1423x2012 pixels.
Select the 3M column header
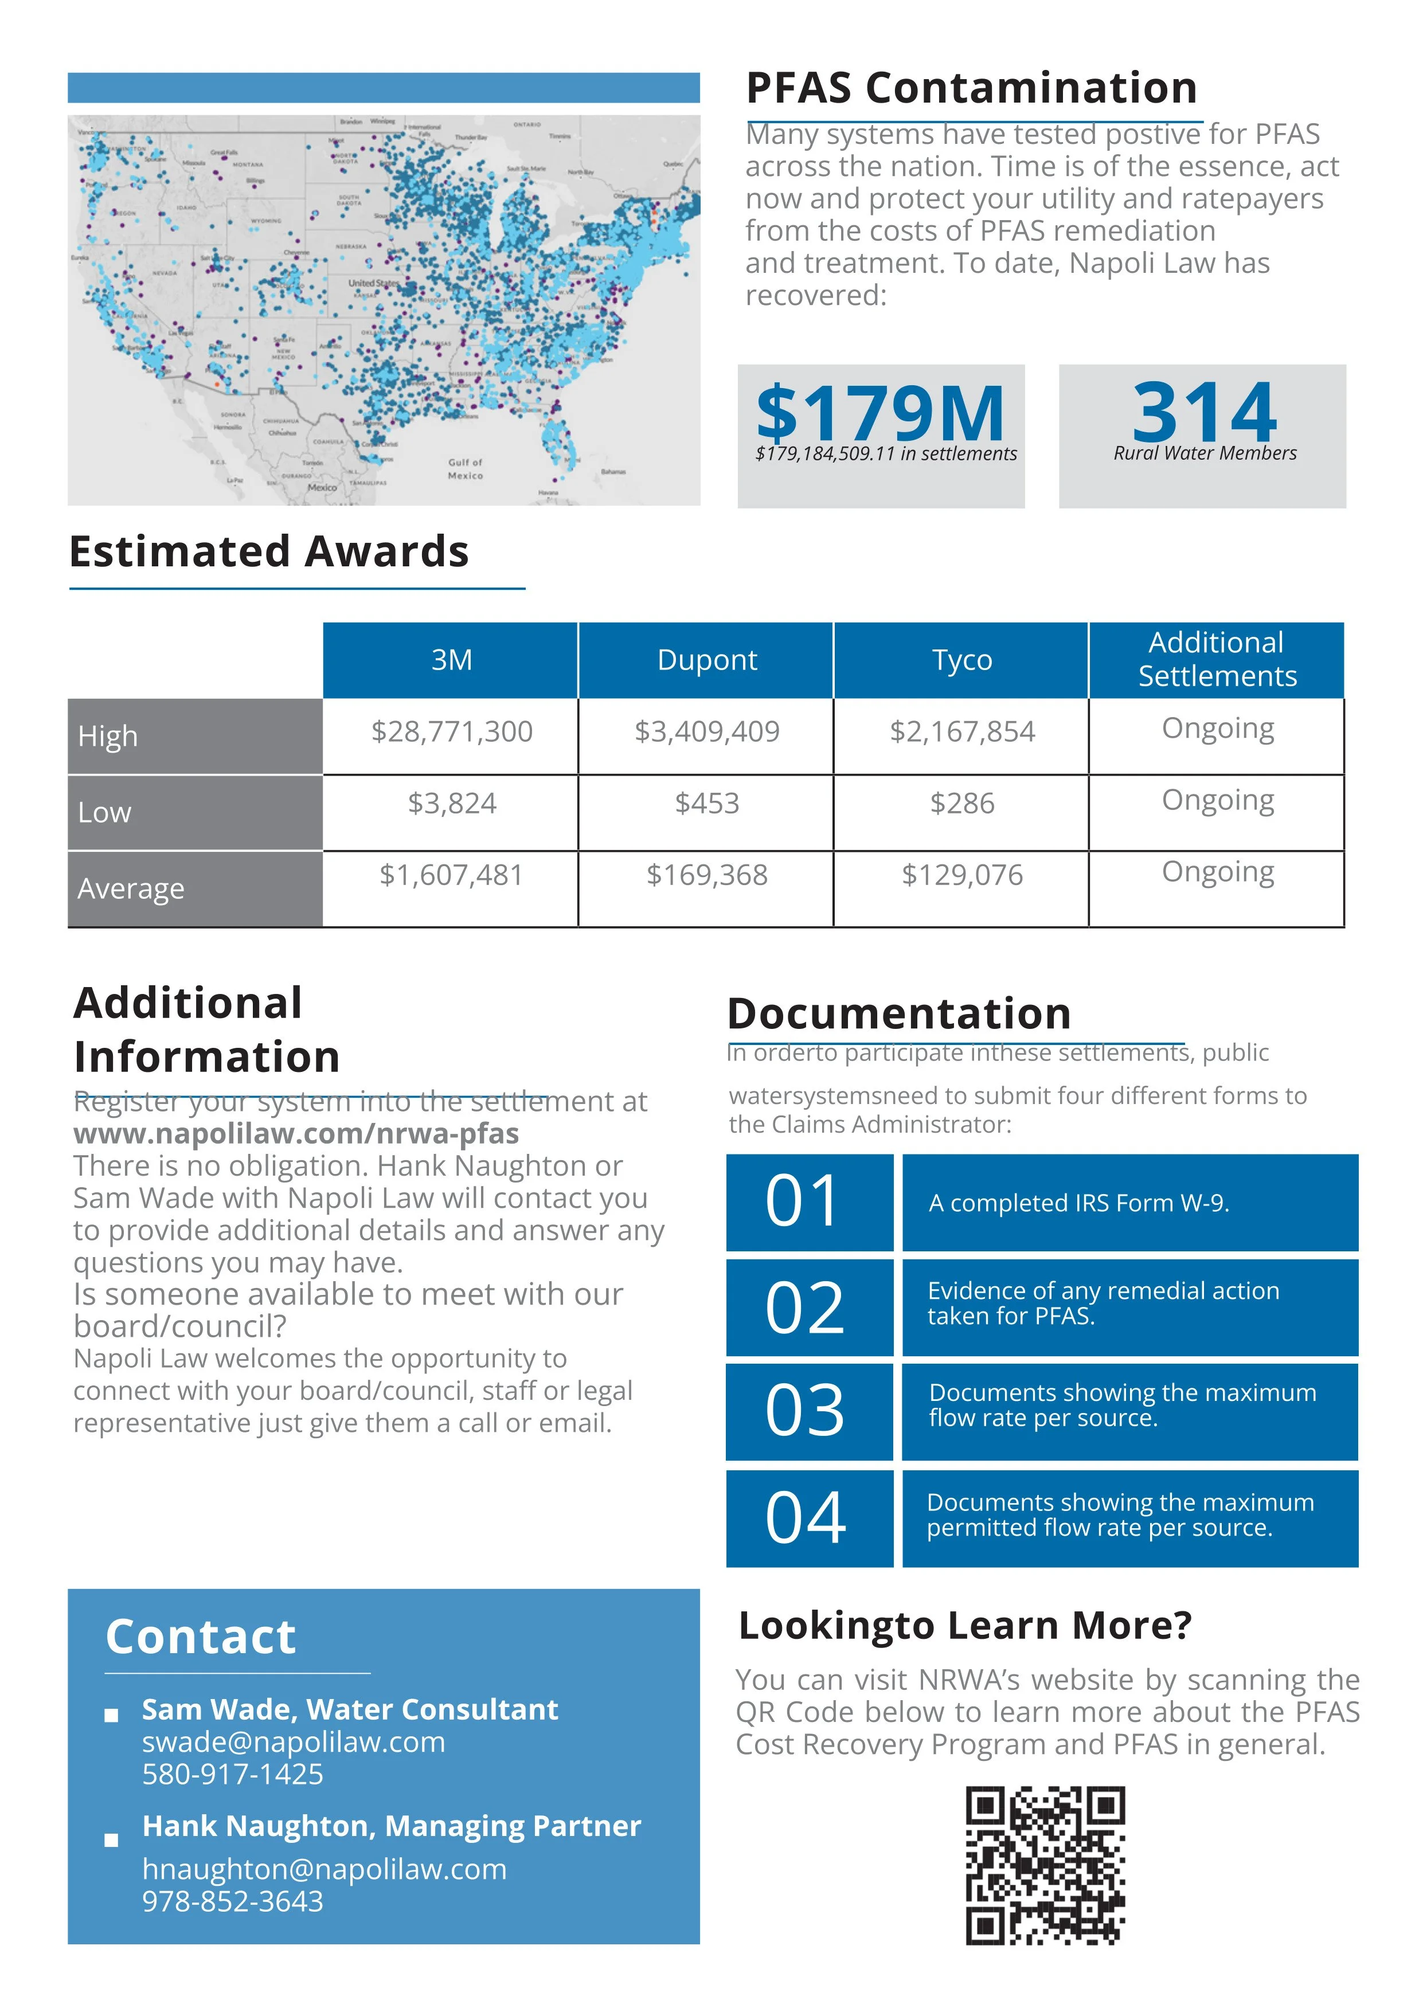451,660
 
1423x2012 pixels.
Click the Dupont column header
706,660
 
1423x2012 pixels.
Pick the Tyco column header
961,660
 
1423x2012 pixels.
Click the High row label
108,736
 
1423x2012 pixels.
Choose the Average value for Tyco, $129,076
961,875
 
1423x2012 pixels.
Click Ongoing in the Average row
1217,872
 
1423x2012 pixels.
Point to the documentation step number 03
804,1412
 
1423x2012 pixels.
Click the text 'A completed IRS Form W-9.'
1078,1203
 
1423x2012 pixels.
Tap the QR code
1045,1865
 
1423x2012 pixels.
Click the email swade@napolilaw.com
294,1742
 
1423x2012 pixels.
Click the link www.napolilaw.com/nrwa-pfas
296,1134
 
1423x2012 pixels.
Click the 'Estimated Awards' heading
269,552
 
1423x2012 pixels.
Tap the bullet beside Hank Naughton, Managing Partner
111,1840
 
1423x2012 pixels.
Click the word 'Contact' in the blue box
201,1637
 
